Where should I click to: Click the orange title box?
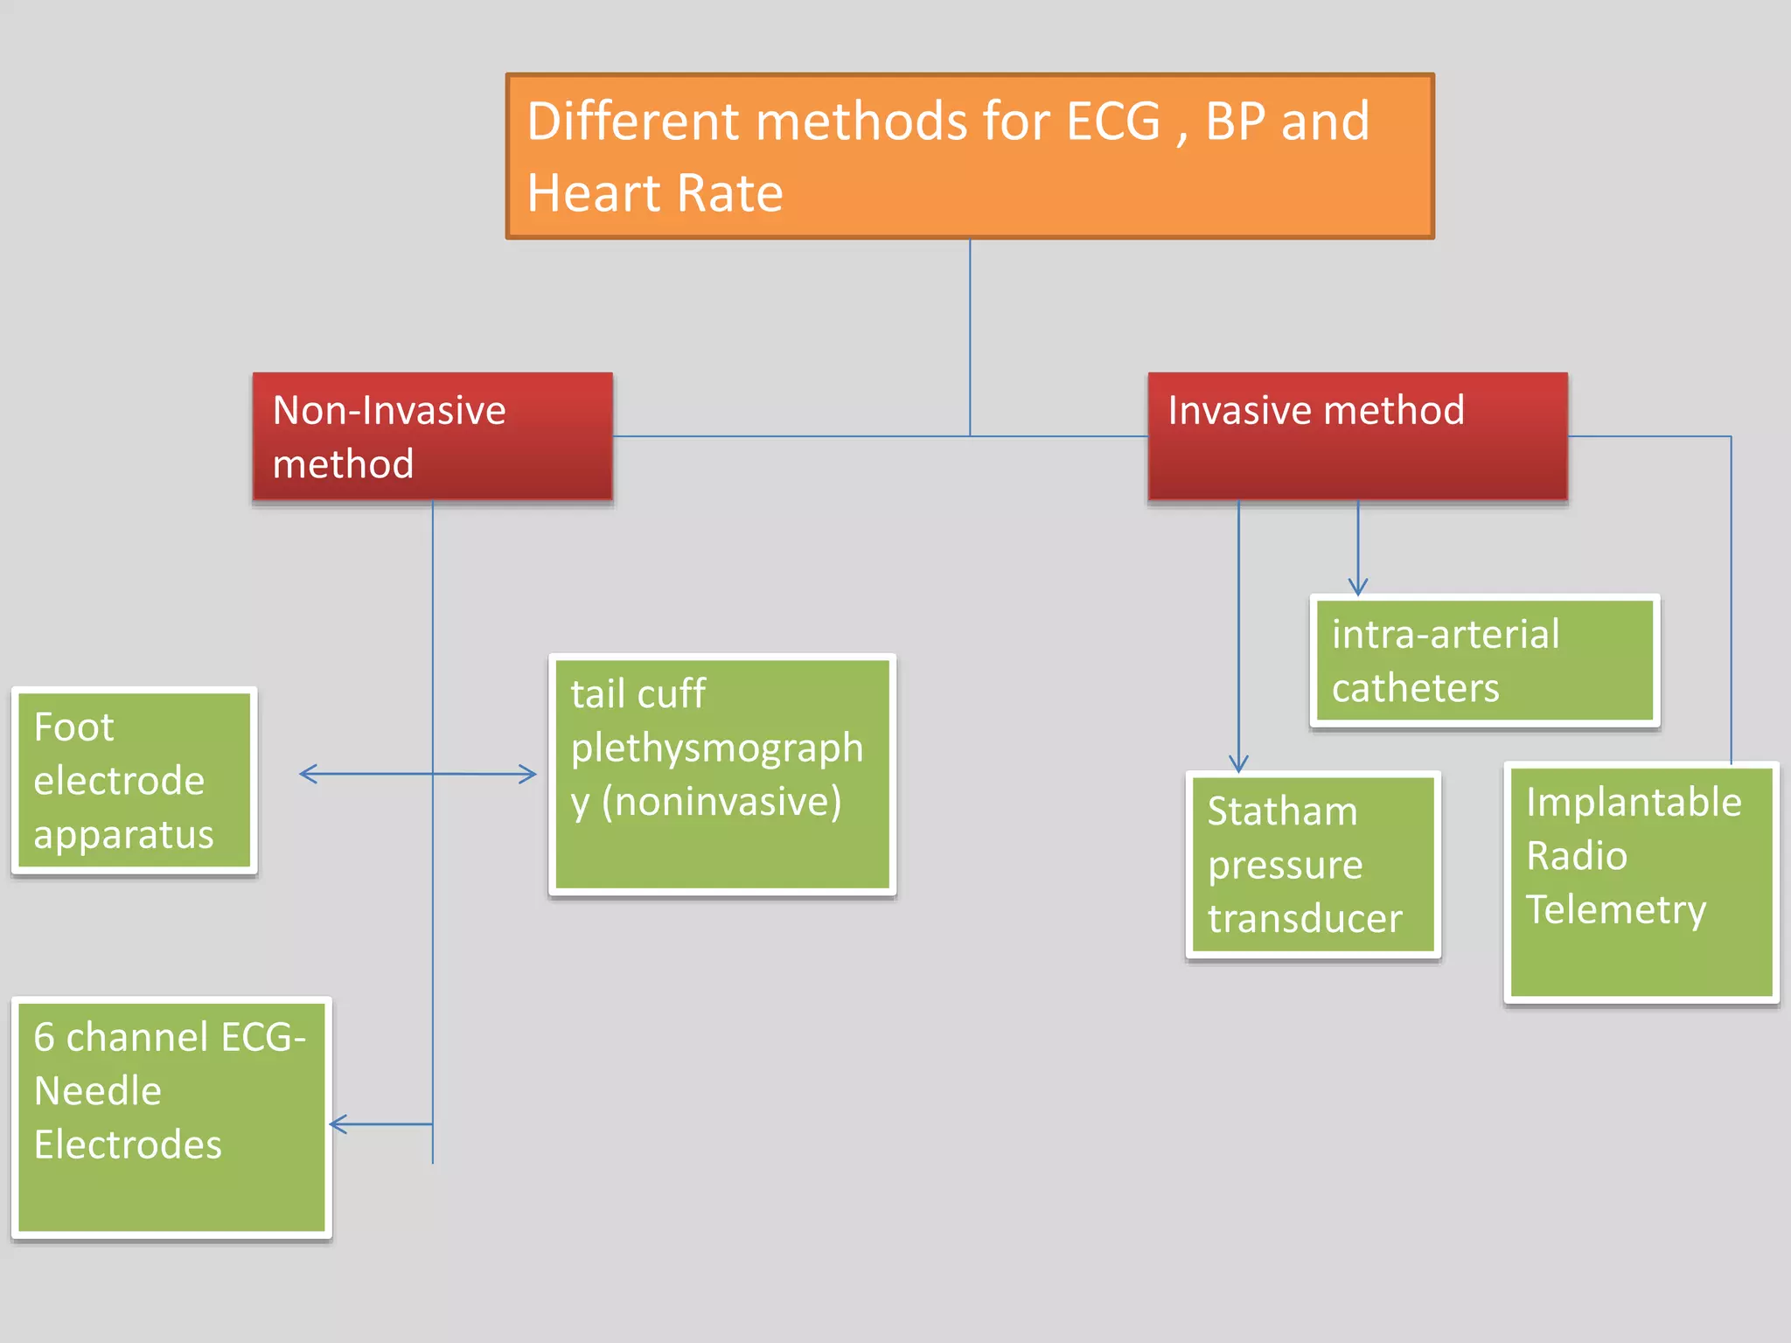969,156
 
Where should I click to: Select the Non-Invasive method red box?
432,436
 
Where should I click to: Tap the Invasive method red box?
1356,436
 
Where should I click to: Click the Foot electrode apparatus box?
134,780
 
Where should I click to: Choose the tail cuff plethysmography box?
721,774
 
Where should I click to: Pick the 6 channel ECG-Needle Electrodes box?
171,1117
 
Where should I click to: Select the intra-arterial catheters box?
1484,661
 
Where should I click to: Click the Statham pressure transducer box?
1312,865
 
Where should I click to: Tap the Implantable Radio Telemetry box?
1641,881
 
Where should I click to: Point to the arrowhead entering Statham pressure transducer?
1238,764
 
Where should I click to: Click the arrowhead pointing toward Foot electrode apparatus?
306,773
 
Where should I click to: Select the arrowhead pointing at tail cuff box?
529,774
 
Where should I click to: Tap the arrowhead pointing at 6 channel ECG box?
337,1124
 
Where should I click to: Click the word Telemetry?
1615,909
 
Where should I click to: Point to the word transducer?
1304,919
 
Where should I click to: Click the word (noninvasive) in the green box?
721,801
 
